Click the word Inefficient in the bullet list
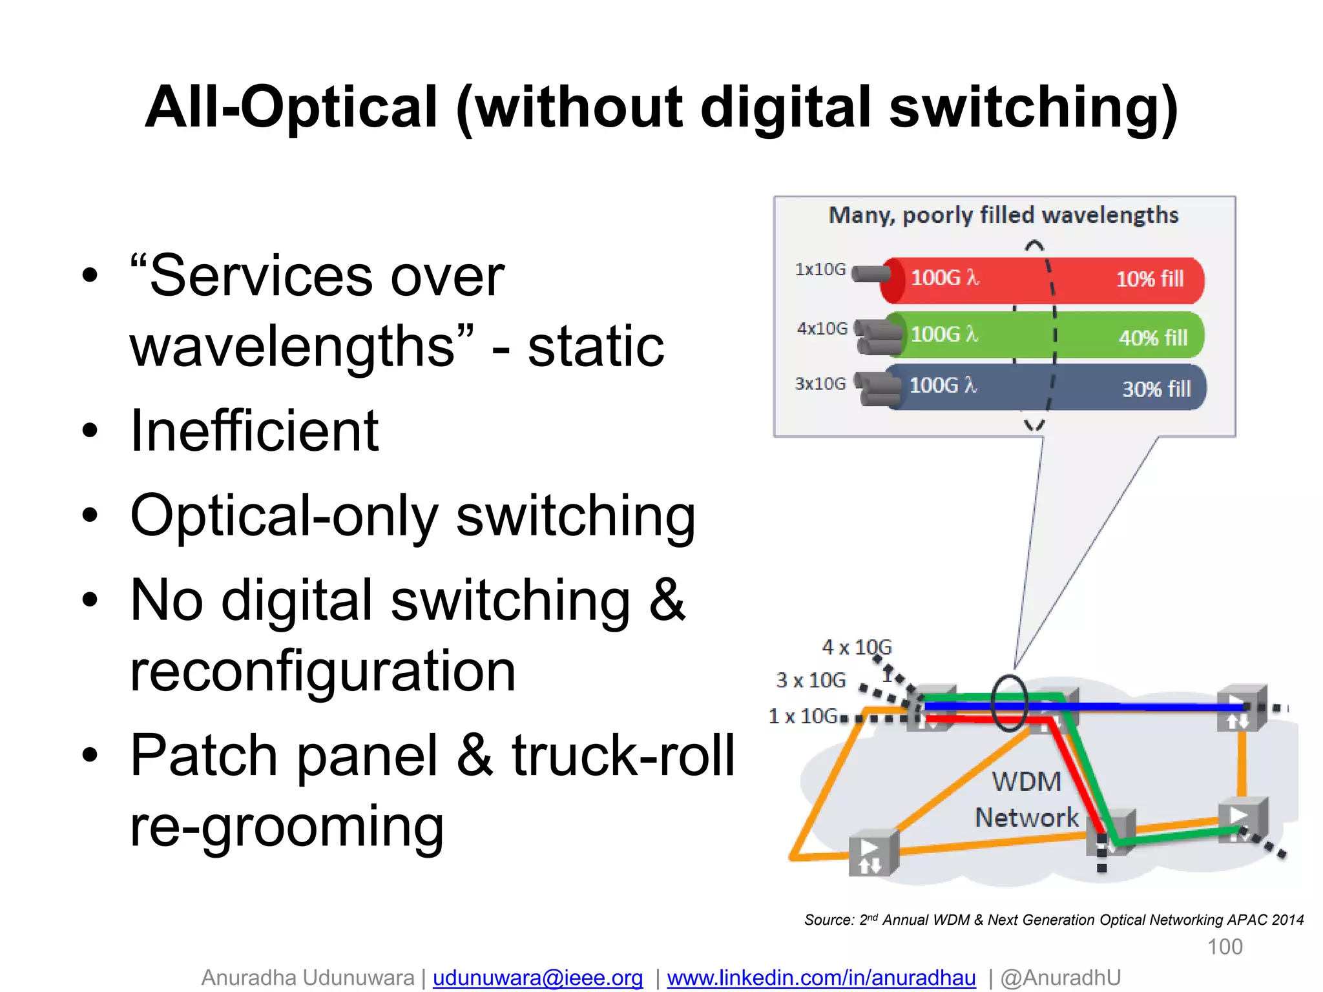click(x=254, y=431)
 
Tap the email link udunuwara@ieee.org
click(x=537, y=978)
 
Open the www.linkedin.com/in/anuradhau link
click(x=821, y=978)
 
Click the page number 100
click(x=1225, y=947)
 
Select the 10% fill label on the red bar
click(x=1150, y=279)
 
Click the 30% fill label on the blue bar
click(x=1156, y=389)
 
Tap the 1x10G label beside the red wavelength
click(x=820, y=269)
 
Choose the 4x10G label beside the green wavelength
click(x=822, y=329)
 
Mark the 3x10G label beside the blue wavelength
click(x=820, y=384)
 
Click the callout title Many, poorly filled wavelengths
click(x=1003, y=215)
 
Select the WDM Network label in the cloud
click(x=1026, y=800)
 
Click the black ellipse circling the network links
click(x=1009, y=703)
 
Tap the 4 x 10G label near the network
click(x=857, y=647)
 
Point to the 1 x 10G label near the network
click(x=803, y=716)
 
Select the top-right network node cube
click(x=1241, y=708)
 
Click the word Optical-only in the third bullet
click(x=284, y=516)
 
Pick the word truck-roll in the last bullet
click(x=623, y=755)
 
